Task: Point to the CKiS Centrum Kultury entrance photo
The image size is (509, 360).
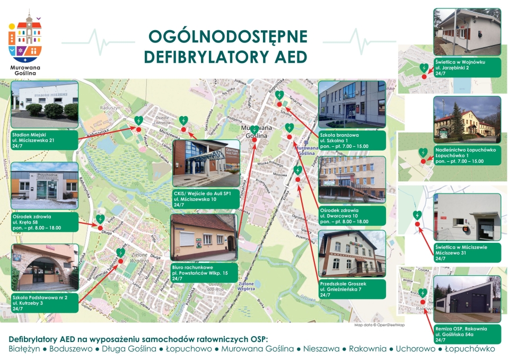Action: tap(206, 163)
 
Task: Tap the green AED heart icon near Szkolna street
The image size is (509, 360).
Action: tap(279, 95)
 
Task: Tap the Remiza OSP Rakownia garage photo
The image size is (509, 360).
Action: tap(467, 300)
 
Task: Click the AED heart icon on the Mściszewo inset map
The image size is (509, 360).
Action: tap(418, 215)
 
